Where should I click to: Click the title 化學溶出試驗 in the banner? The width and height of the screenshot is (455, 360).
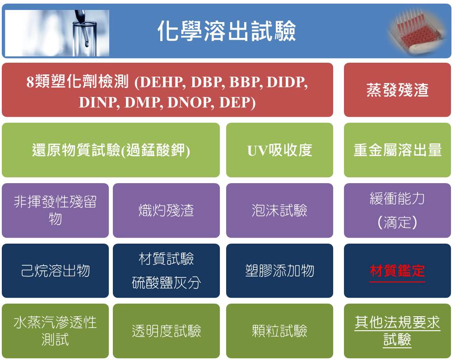coord(227,31)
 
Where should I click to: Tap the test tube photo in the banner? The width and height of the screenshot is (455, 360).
coord(57,33)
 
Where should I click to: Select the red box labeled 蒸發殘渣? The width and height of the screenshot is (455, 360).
coord(397,90)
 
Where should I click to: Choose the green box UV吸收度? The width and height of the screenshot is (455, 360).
coord(279,150)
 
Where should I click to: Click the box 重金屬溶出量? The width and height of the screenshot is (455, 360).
coord(397,150)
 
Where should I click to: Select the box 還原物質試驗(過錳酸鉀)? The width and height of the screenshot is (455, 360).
coord(111,150)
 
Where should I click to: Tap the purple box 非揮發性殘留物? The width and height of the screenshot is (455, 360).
coord(55,210)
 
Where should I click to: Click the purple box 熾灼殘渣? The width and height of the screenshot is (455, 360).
coord(166,210)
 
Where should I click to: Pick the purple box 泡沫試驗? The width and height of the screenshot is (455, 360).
coord(279,210)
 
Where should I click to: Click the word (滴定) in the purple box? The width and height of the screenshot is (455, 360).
coord(397,222)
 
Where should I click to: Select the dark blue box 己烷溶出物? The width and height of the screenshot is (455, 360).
coord(55,271)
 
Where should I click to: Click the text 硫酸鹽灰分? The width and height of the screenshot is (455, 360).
coord(166,282)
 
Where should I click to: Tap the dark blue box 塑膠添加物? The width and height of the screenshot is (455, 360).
coord(279,271)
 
